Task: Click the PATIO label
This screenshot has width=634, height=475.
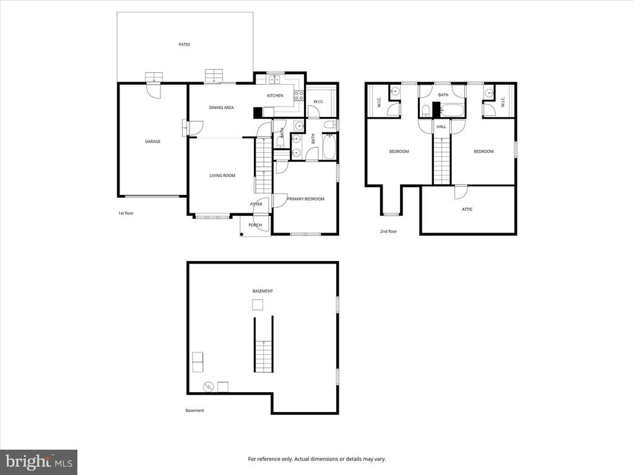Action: click(x=185, y=45)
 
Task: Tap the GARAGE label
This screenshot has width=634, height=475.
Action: click(x=153, y=142)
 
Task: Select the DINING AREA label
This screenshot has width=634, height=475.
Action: click(x=222, y=108)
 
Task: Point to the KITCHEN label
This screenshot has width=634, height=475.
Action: click(x=276, y=95)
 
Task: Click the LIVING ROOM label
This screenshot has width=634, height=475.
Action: click(x=222, y=175)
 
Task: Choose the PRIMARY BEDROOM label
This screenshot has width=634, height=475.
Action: click(x=306, y=199)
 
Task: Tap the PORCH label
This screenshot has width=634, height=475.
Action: click(x=255, y=225)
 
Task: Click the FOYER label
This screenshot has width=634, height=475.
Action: click(x=256, y=204)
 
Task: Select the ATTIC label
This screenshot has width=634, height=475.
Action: click(x=467, y=209)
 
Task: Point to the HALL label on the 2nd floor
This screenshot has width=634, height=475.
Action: click(x=441, y=126)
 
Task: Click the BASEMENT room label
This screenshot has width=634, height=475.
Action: click(x=263, y=291)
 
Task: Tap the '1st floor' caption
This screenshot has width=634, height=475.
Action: click(x=126, y=213)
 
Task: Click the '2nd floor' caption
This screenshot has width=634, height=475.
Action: click(x=389, y=231)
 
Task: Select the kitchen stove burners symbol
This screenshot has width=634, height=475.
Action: click(x=299, y=96)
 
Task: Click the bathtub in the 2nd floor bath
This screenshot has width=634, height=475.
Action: click(x=452, y=110)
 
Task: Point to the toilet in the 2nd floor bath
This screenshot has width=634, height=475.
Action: click(x=425, y=111)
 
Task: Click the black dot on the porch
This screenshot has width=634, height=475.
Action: click(x=242, y=234)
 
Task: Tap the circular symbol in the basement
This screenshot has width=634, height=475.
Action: click(x=208, y=387)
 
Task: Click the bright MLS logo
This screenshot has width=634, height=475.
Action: click(x=39, y=462)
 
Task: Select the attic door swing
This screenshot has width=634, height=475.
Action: click(x=461, y=192)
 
